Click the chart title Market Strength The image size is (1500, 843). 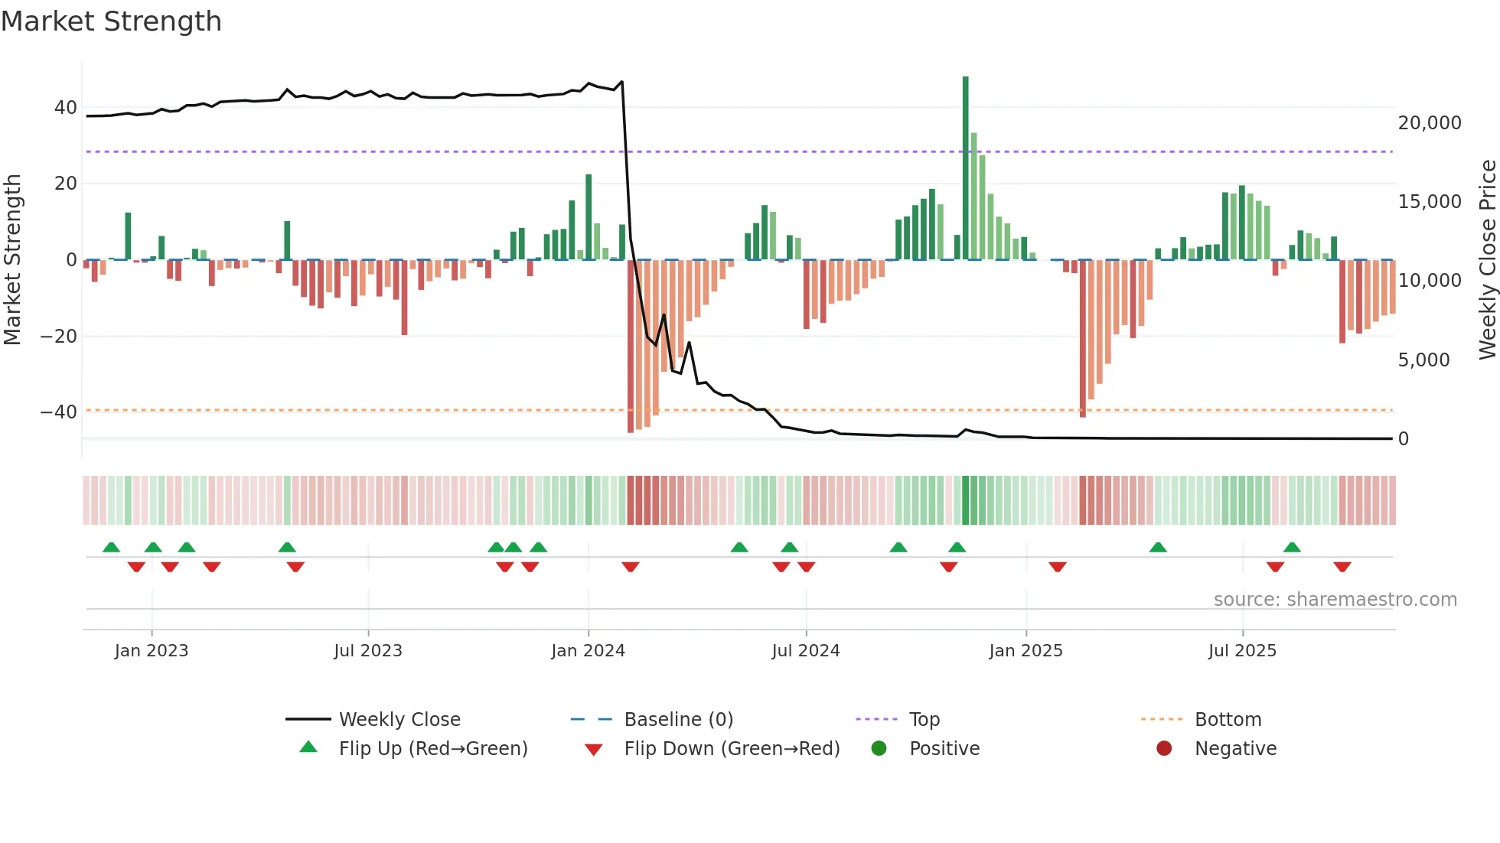click(112, 21)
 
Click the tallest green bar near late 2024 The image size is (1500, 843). click(965, 168)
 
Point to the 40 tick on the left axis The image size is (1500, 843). click(66, 108)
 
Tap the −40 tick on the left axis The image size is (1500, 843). click(60, 412)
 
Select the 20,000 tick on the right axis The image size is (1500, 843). click(1429, 123)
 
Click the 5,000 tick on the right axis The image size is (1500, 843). click(1423, 360)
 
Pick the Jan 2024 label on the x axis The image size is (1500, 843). click(588, 651)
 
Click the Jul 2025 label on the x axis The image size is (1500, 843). click(1242, 651)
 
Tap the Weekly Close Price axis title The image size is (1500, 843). click(1487, 259)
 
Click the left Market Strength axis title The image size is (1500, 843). click(13, 259)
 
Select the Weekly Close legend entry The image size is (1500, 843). click(399, 720)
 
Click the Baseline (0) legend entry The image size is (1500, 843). click(678, 720)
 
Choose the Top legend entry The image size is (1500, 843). click(924, 720)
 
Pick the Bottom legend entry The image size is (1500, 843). click(1228, 720)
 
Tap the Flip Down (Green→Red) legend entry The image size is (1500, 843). click(731, 749)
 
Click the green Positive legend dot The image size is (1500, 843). click(879, 749)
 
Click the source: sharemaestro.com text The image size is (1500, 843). click(1335, 600)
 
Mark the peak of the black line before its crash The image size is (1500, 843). click(621, 81)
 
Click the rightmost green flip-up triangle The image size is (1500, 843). click(1292, 548)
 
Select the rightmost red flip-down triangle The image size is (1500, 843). click(1342, 567)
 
